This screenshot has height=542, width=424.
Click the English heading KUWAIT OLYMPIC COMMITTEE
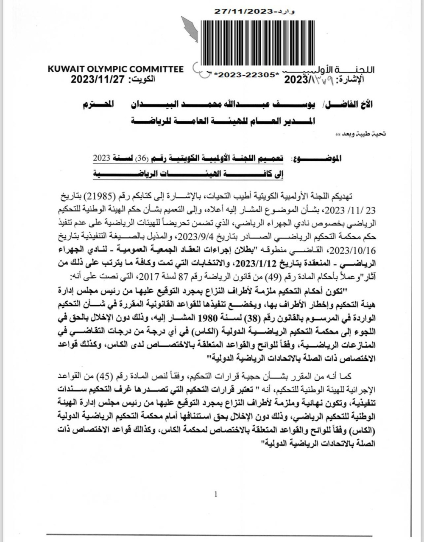(116, 69)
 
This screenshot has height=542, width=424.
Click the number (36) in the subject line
(141, 159)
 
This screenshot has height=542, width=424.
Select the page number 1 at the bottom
(216, 494)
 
